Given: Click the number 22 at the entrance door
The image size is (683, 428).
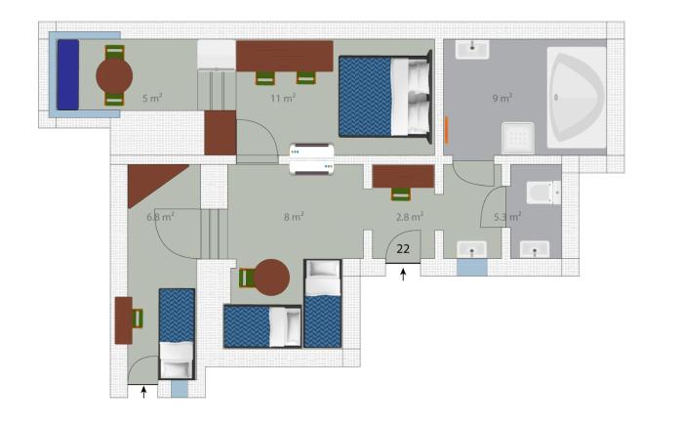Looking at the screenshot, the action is (403, 248).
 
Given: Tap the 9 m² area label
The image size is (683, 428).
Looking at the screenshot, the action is (502, 98).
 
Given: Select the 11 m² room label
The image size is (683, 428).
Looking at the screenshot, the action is (283, 98).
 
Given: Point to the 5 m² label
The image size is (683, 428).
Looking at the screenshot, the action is (152, 98).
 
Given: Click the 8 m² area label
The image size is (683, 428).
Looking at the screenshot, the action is (294, 216).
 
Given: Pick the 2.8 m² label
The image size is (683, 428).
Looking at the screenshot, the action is (410, 216).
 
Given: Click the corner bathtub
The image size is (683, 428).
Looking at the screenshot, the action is (577, 98).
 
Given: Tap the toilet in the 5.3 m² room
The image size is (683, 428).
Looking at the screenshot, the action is (543, 193).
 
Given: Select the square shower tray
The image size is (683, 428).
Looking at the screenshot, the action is (518, 138).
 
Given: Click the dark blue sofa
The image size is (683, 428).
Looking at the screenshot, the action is (68, 74).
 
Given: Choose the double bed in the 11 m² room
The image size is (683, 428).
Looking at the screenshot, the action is (385, 97).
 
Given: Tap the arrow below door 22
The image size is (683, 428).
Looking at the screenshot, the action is (403, 275).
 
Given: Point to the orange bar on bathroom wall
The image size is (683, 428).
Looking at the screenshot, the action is (447, 130).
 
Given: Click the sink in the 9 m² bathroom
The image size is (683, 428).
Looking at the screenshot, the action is (472, 49).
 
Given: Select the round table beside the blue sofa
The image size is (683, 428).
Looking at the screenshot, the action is (114, 76).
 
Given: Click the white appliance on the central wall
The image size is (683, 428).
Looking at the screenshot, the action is (311, 159).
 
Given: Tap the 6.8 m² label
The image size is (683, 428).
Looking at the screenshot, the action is (161, 216).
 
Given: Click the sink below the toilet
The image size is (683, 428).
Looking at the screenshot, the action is (535, 249).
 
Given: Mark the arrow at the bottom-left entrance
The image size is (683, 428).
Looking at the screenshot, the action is (143, 392).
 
